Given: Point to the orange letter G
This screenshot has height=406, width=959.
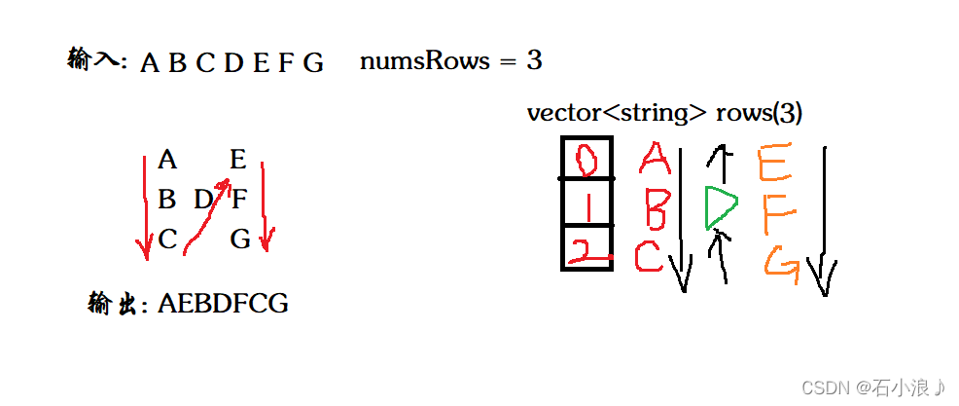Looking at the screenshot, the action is (779, 264).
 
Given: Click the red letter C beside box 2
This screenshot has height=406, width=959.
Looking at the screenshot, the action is (648, 256).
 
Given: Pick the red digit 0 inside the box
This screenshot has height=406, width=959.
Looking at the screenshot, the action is (586, 159).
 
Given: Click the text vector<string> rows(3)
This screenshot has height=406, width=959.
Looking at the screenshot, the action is (664, 113).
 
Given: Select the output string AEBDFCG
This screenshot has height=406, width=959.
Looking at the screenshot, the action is (223, 304).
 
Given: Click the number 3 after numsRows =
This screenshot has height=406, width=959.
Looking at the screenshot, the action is (534, 61).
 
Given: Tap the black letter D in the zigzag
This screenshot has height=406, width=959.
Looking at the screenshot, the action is (203, 200).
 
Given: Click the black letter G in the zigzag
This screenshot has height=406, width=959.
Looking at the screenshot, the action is (240, 239).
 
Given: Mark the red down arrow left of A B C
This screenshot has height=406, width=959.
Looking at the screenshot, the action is (145, 204).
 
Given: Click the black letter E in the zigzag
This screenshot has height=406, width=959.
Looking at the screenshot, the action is (238, 160).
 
